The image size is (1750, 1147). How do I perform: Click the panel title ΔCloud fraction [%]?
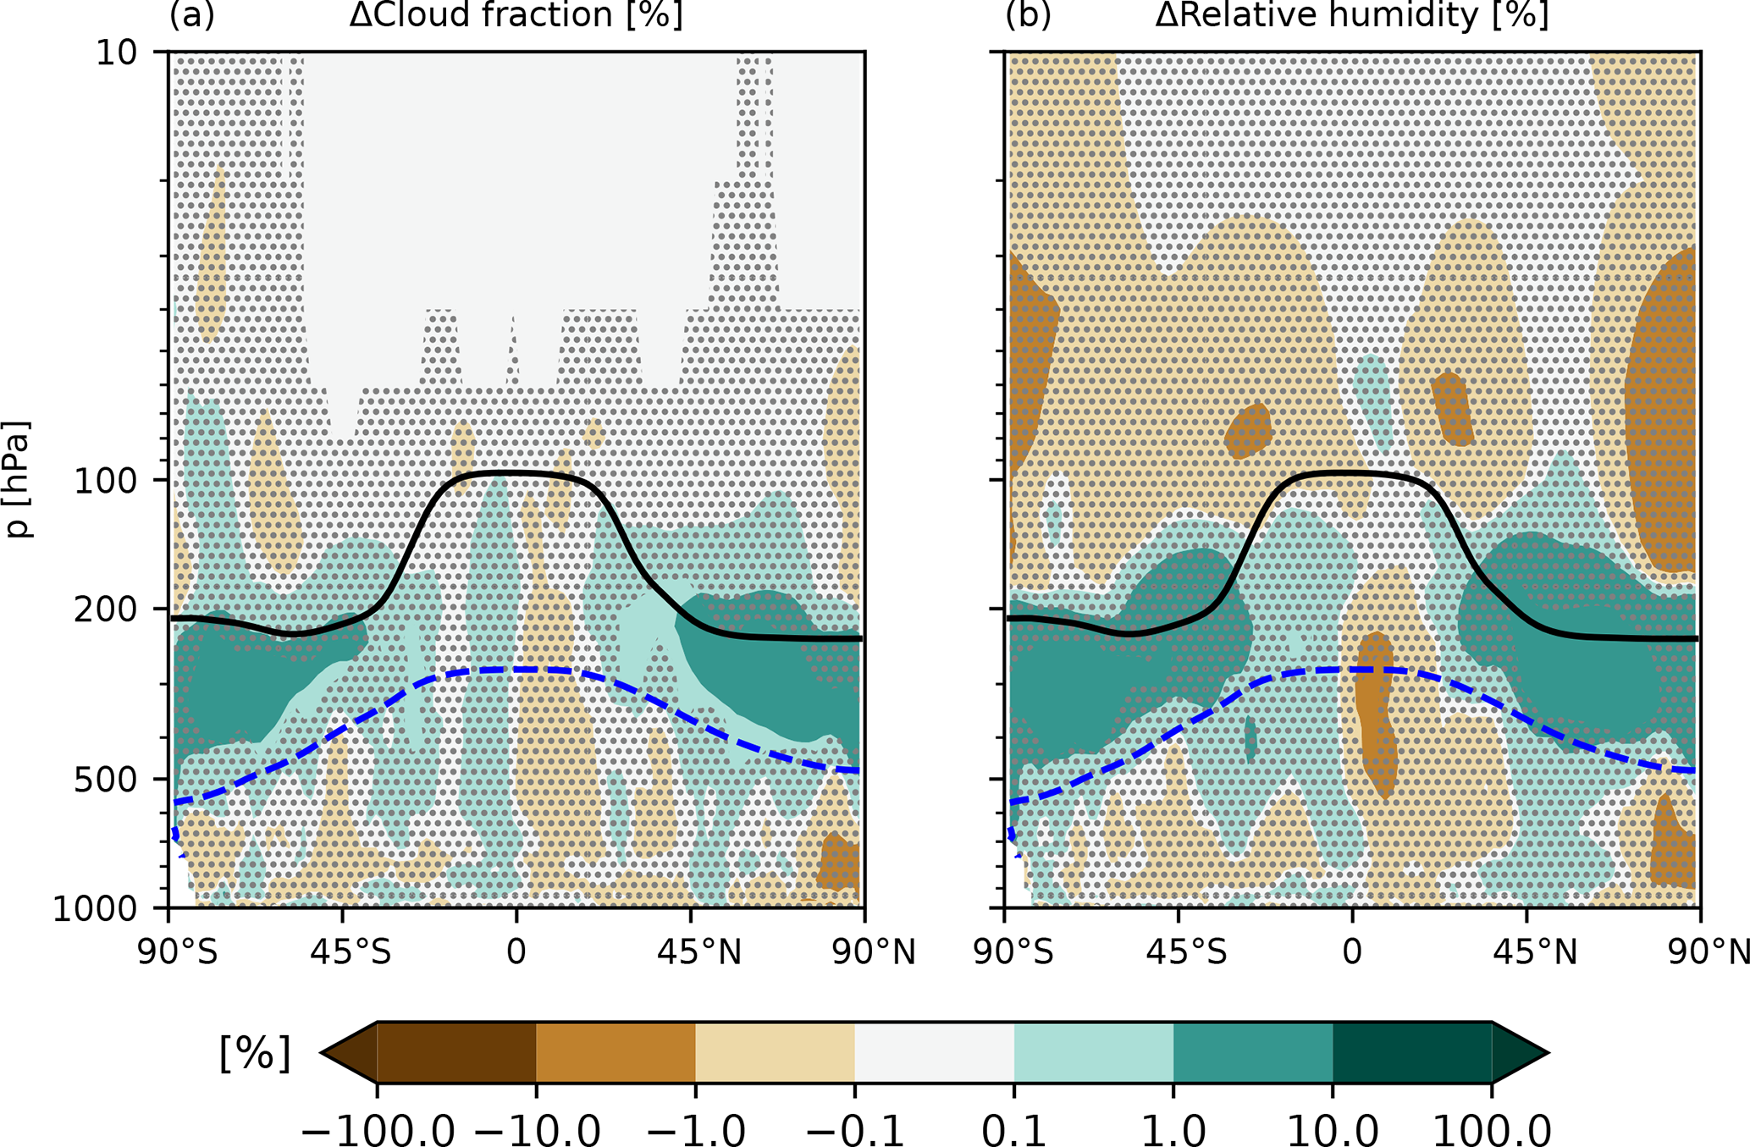pyautogui.click(x=516, y=15)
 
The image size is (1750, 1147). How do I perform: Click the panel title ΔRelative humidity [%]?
pyautogui.click(x=1352, y=15)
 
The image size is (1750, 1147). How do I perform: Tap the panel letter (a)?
pyautogui.click(x=192, y=15)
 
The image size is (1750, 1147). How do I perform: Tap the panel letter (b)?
pyautogui.click(x=1028, y=15)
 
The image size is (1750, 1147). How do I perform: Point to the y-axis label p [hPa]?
pyautogui.click(x=18, y=479)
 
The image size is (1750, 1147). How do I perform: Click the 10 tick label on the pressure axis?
pyautogui.click(x=115, y=53)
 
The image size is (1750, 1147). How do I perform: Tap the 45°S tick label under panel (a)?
pyautogui.click(x=350, y=953)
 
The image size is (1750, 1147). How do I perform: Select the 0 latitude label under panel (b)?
pyautogui.click(x=1352, y=953)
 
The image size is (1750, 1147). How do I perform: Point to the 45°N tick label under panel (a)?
pyautogui.click(x=699, y=953)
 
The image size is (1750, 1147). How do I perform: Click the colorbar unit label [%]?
pyautogui.click(x=255, y=1054)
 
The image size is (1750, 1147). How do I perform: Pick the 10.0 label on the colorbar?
pyautogui.click(x=1333, y=1129)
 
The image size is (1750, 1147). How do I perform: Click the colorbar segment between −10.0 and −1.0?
pyautogui.click(x=616, y=1052)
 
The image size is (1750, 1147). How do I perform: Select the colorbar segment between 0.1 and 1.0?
pyautogui.click(x=1093, y=1052)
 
